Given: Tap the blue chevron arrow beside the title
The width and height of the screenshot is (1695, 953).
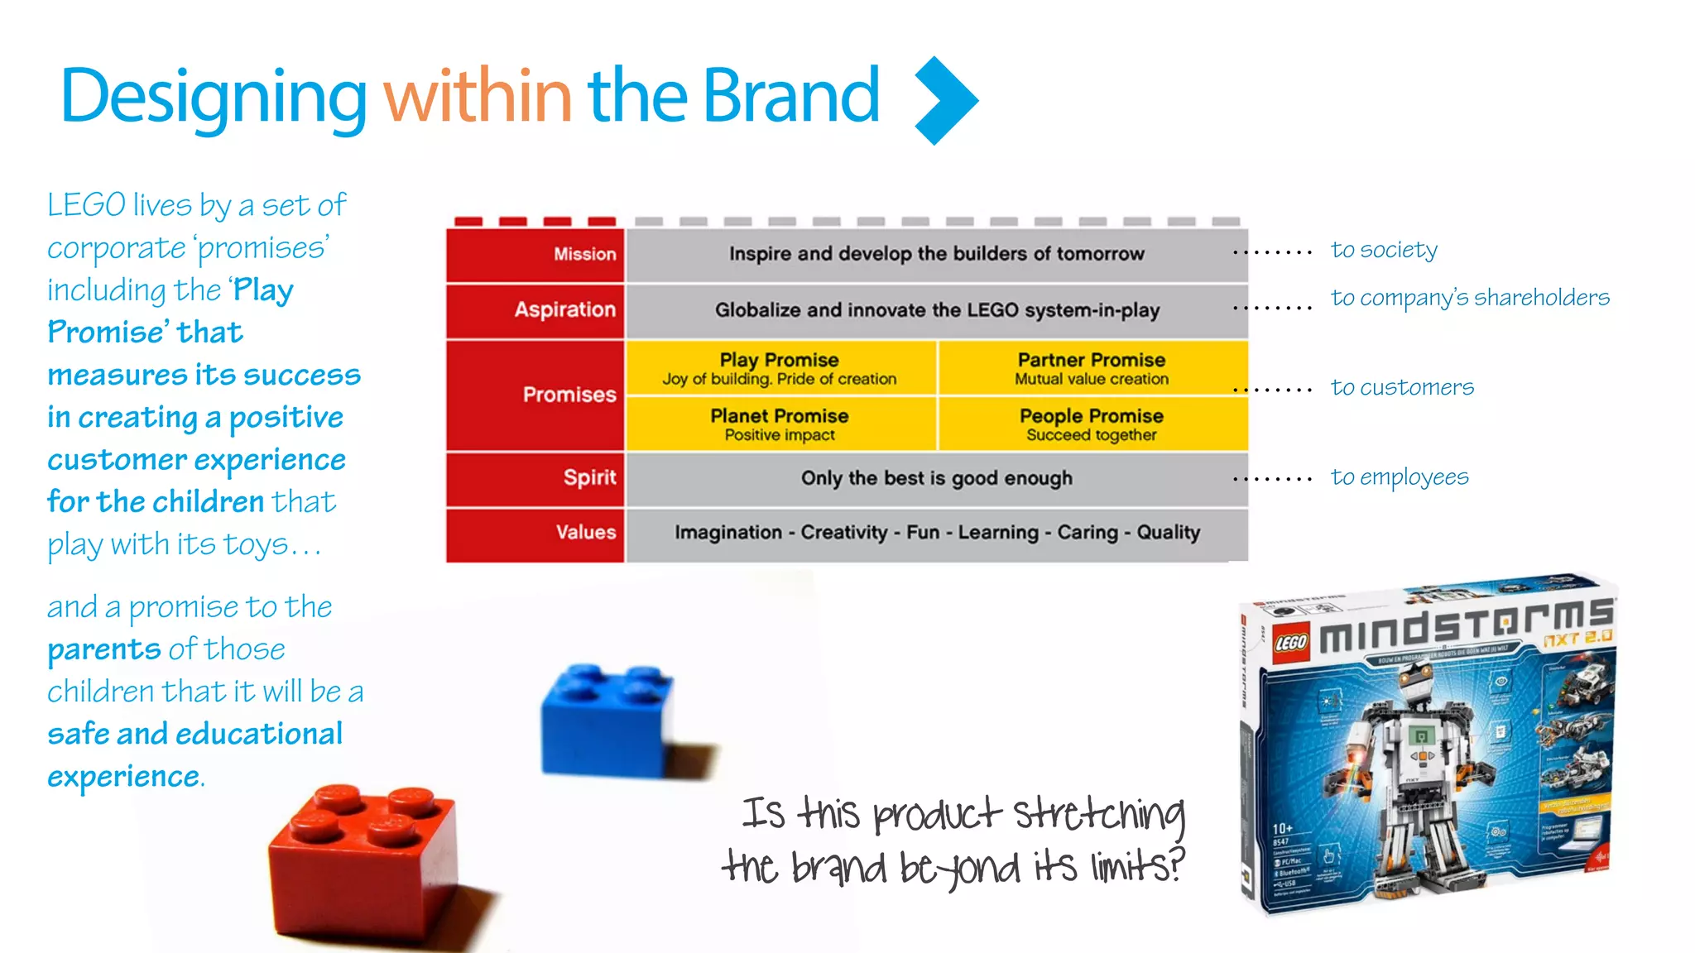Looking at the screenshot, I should click(946, 100).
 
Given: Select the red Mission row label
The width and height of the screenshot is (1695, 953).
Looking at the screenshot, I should click(584, 254).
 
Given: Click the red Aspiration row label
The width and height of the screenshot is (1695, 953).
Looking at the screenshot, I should click(564, 309).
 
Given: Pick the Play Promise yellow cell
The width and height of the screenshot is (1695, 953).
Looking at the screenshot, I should click(780, 368).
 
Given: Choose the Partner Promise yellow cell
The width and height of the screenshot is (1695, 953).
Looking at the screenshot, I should click(1091, 368).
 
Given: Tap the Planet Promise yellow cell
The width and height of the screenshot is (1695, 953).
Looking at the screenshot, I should click(780, 424).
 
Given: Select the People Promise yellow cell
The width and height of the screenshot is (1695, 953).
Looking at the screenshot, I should click(1091, 424).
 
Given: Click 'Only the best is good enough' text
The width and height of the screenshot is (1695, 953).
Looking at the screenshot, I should click(936, 478).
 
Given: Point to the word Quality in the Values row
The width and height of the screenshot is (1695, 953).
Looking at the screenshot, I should click(1168, 532).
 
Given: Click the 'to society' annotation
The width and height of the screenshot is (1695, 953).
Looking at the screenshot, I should click(1384, 250).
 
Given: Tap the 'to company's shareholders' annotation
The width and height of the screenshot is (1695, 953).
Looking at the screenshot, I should click(1470, 298).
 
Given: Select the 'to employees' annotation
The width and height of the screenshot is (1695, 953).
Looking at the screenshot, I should click(1400, 477).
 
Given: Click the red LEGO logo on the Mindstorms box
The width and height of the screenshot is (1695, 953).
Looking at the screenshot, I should click(1290, 643).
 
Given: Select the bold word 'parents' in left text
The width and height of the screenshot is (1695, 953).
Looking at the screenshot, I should click(103, 650).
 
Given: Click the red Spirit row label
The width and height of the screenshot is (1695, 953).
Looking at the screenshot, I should click(589, 477).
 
